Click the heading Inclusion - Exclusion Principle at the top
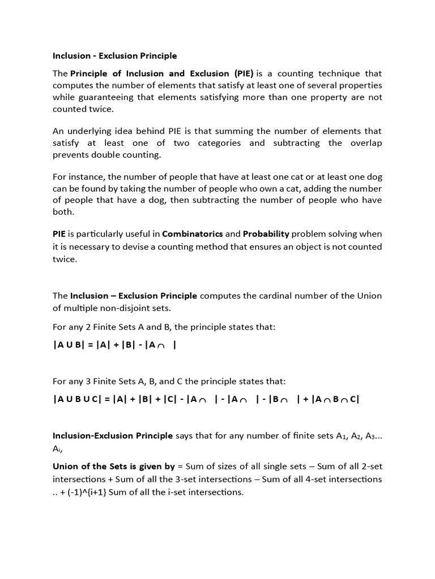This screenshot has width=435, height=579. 114,56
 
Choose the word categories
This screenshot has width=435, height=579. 220,142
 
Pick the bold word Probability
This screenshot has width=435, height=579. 266,234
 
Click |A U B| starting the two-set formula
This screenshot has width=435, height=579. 67,345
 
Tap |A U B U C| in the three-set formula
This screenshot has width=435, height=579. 79,399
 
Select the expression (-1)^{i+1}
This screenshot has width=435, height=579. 84,492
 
